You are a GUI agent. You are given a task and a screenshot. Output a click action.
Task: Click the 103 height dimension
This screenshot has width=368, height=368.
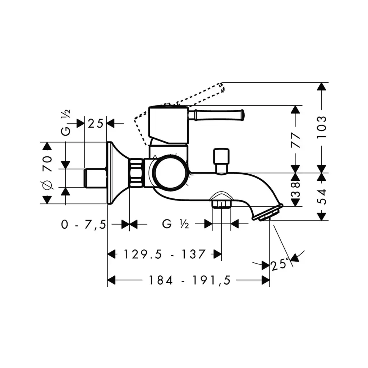[x=322, y=127]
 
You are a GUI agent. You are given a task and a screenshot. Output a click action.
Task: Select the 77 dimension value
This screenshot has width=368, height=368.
[x=295, y=140]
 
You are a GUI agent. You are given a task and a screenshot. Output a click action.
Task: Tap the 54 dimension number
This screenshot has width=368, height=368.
[x=322, y=197]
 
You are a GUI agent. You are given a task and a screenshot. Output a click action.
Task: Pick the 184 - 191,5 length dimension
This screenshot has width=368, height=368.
[x=190, y=280]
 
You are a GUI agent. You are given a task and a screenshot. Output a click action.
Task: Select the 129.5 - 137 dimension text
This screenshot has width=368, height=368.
[x=165, y=254]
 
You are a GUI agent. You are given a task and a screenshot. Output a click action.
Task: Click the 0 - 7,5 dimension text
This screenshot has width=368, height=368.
[x=83, y=225]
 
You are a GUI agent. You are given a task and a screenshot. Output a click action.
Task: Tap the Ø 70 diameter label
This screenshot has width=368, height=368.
[x=47, y=172]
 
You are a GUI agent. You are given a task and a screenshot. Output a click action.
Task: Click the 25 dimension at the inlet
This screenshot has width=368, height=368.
[x=96, y=124]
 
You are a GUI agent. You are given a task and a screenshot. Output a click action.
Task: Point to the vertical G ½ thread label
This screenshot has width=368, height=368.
[x=65, y=123]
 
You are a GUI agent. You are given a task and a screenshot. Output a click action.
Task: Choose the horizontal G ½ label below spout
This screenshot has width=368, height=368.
[x=175, y=224]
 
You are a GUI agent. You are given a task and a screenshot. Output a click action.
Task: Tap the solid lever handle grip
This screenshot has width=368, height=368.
[x=216, y=115]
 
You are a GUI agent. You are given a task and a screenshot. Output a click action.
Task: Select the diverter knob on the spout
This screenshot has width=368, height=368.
[x=221, y=161]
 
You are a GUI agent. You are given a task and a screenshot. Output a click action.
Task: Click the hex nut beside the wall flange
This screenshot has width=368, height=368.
[x=136, y=173]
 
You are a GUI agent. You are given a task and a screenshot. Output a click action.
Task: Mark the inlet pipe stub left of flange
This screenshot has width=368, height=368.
[x=95, y=178]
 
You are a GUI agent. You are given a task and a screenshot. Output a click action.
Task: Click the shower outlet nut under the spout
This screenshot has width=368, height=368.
[x=221, y=203]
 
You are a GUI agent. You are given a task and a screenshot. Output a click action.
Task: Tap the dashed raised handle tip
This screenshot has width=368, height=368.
[x=222, y=87]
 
